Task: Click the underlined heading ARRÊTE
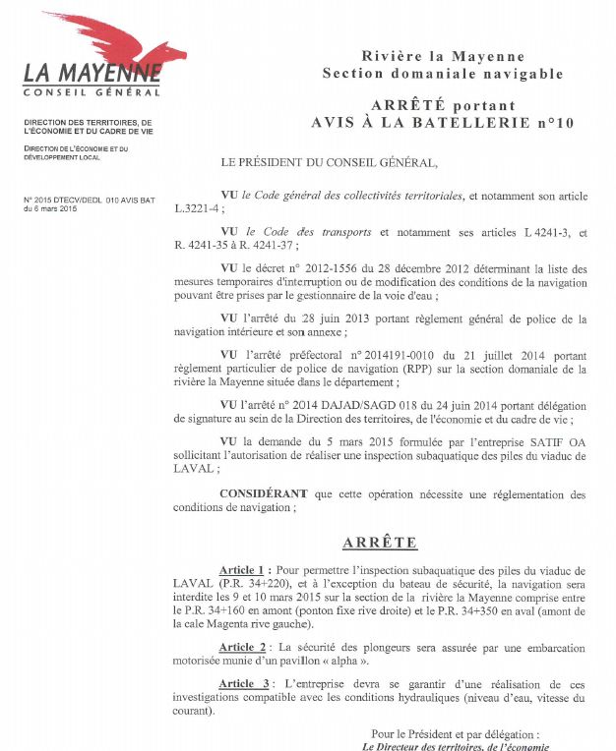click(x=380, y=543)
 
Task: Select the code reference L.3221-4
click(x=199, y=209)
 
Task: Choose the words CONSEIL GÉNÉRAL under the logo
click(x=92, y=92)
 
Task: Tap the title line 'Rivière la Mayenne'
click(x=443, y=57)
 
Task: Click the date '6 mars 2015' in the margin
click(x=56, y=208)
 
